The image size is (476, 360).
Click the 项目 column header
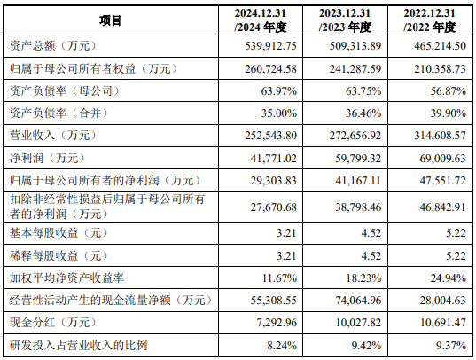click(x=110, y=20)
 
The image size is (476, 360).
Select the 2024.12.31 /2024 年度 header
click(x=261, y=20)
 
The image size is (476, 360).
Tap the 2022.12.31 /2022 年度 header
click(x=430, y=20)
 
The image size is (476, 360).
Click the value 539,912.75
click(x=270, y=46)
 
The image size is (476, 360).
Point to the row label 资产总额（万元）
click(x=53, y=46)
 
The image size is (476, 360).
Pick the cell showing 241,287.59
click(x=355, y=69)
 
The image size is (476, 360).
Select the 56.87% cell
click(x=448, y=91)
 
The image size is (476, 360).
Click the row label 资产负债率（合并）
click(x=59, y=113)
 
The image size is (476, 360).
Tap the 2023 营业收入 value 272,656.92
click(x=355, y=136)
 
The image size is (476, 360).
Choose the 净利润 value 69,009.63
click(x=443, y=159)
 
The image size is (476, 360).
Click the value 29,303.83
click(x=274, y=181)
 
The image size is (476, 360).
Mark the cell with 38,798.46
click(x=358, y=207)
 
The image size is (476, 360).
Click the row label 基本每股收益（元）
click(x=59, y=233)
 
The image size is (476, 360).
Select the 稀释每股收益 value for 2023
click(x=371, y=255)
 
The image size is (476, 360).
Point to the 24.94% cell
click(x=448, y=278)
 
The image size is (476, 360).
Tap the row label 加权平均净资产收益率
click(x=66, y=278)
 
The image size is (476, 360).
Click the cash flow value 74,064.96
click(x=358, y=301)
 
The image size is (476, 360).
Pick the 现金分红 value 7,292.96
click(x=277, y=323)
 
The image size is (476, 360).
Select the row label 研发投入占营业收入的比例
click(x=78, y=346)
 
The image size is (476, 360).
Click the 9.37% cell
click(x=451, y=346)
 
